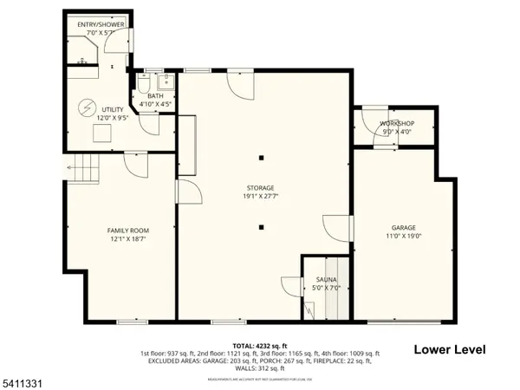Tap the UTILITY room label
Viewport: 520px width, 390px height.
[x=112, y=109]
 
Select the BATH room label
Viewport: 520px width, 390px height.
[x=156, y=96]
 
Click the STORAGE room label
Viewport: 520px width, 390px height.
[x=260, y=188]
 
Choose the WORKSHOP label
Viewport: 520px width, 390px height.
[x=397, y=124]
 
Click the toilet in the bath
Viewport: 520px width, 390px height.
[x=142, y=86]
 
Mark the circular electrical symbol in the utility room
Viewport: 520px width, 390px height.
[x=86, y=107]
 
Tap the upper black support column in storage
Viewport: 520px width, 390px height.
[x=262, y=158]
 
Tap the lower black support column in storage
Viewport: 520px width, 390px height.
[x=262, y=227]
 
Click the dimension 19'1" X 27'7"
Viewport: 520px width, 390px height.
[x=260, y=197]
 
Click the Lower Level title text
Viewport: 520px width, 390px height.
[x=449, y=349]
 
